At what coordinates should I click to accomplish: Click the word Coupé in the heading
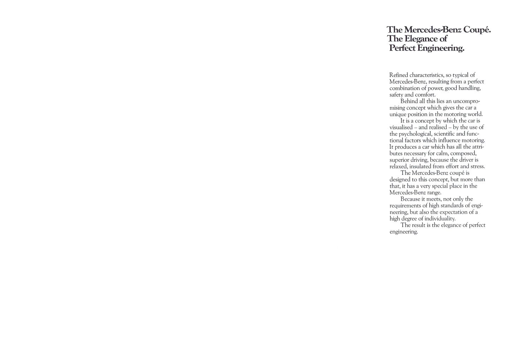point(477,30)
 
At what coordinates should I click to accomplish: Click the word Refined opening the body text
point(399,75)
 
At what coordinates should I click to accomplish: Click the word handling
point(469,88)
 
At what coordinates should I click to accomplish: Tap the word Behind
point(409,101)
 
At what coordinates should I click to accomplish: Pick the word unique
point(398,114)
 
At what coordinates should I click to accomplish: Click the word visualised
point(401,128)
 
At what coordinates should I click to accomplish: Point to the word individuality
point(440,219)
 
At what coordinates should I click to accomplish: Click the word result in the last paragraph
point(419,225)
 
